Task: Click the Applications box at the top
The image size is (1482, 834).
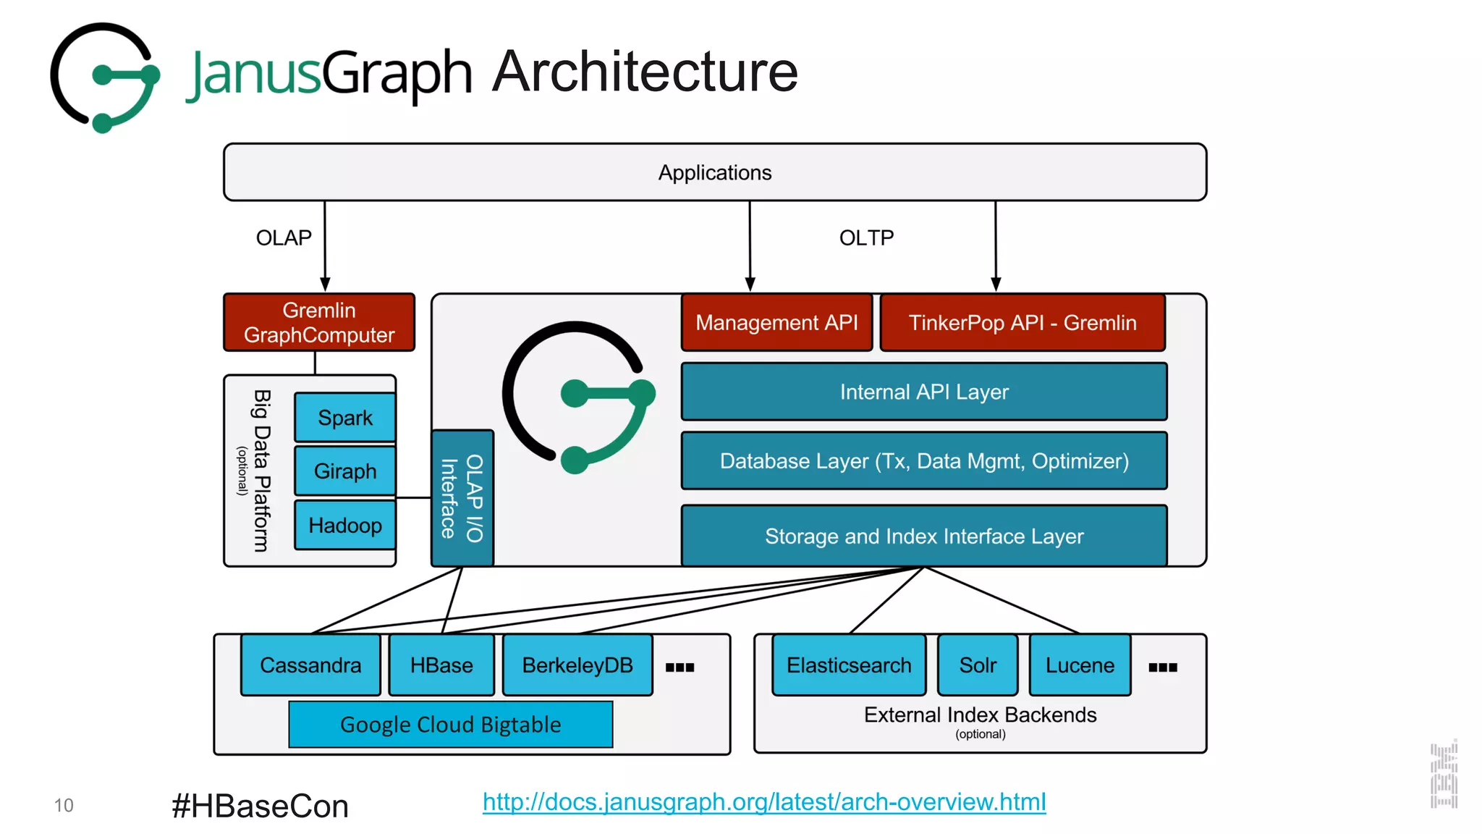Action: click(714, 172)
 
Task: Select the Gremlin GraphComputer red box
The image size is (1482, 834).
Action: click(318, 322)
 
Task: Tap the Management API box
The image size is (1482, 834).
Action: click(776, 322)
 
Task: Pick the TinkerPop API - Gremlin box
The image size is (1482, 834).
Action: click(1022, 322)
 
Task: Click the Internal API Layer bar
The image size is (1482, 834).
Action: click(923, 392)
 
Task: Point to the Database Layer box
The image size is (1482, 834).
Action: click(923, 460)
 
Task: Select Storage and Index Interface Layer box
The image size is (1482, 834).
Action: click(923, 536)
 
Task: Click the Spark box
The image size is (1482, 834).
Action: click(345, 418)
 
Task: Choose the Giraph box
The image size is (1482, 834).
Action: click(345, 471)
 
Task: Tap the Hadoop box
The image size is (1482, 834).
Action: click(345, 525)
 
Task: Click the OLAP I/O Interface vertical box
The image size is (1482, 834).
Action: click(462, 498)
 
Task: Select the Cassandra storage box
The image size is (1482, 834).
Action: click(310, 665)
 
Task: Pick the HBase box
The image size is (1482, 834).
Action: click(441, 665)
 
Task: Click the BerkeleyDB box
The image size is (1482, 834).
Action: click(577, 665)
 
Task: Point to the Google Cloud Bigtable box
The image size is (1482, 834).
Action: click(450, 724)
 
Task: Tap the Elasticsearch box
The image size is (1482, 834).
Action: click(849, 665)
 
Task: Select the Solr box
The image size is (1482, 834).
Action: click(978, 665)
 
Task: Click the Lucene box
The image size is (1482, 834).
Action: click(1080, 665)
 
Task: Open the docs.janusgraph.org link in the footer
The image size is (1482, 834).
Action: click(764, 801)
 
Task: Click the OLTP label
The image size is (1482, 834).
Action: click(866, 237)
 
